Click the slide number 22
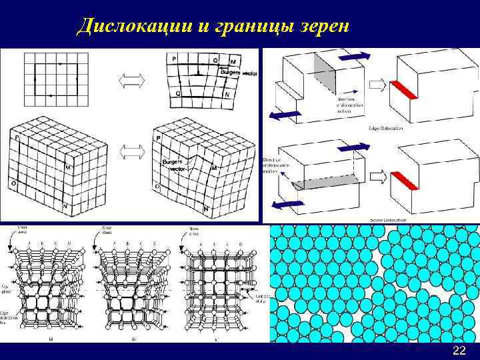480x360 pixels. [459, 351]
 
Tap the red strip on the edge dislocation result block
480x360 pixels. [405, 89]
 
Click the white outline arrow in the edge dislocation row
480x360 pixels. [377, 85]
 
